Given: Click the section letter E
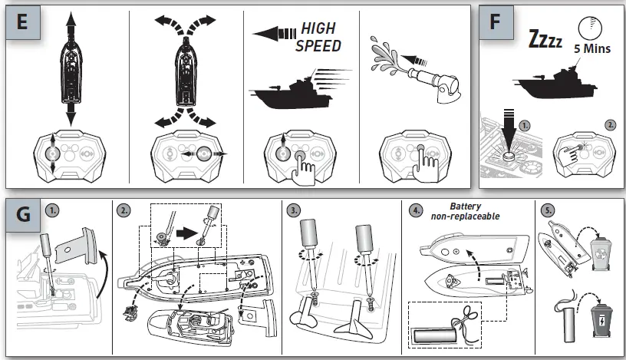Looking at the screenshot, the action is pos(22,21).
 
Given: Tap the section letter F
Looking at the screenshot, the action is pos(495,21).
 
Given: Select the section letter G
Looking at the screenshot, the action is pos(23,214).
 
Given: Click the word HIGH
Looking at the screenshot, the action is pos(318,28).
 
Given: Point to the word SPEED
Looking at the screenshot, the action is pos(318,46).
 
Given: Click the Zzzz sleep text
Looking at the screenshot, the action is pos(545,38).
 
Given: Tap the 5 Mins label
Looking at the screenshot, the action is pos(592,49).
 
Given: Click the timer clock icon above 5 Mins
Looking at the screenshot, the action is pos(590,28).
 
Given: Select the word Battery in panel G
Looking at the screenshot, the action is pos(466,206).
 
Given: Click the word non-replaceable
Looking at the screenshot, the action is pos(465,216).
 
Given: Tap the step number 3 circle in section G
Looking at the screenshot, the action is pos(293,210).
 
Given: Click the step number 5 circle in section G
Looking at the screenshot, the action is pos(548,210).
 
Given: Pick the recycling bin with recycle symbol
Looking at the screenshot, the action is pos(601,253).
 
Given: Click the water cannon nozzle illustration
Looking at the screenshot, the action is pos(434,83).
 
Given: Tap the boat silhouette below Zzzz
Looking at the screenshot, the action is pos(555,84).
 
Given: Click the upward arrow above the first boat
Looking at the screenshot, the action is pos(71,27).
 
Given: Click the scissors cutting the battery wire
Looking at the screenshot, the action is pos(466,315).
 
